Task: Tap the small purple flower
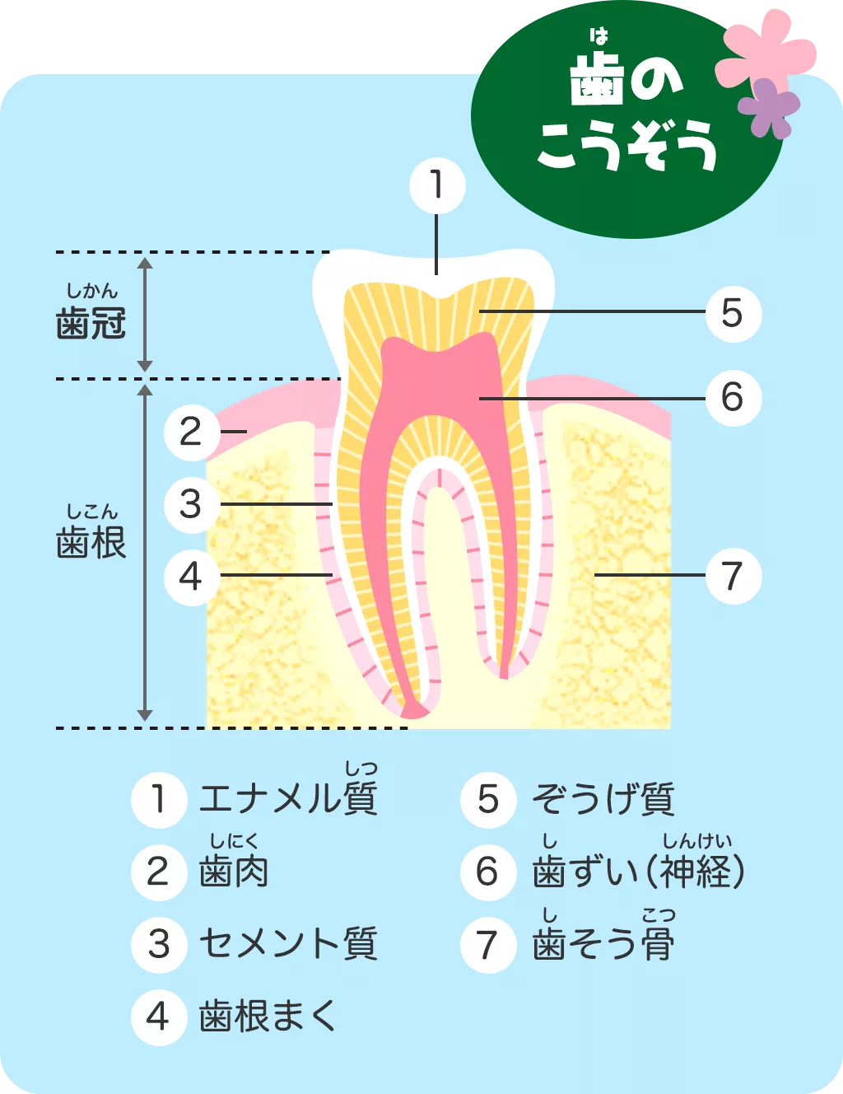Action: [769, 108]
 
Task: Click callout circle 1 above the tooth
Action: [438, 186]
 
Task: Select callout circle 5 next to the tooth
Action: [734, 314]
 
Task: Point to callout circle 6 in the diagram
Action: [734, 398]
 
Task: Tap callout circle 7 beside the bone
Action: [734, 576]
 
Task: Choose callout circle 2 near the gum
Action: [192, 432]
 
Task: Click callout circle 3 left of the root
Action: [192, 505]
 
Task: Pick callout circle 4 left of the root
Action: [192, 577]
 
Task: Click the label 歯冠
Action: [91, 323]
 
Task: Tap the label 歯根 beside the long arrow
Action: [91, 543]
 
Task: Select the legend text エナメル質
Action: [288, 798]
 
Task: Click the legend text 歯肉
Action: [234, 872]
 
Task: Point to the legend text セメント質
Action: [288, 943]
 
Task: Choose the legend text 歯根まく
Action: [267, 1017]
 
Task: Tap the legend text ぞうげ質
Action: [603, 799]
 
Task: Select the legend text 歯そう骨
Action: [603, 943]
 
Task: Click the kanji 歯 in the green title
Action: [597, 80]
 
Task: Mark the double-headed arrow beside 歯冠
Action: [146, 315]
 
